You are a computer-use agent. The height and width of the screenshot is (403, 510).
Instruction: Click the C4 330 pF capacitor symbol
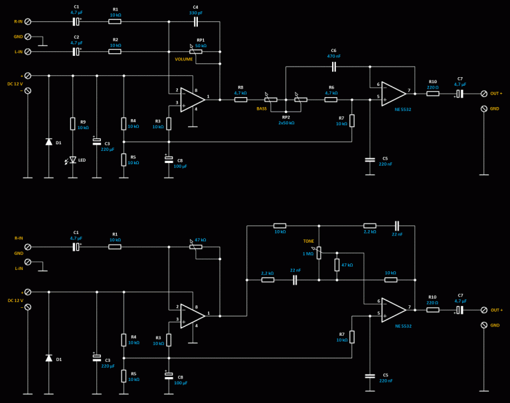point(196,21)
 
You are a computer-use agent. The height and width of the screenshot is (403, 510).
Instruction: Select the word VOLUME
point(184,59)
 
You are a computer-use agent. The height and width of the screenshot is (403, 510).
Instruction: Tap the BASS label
point(262,108)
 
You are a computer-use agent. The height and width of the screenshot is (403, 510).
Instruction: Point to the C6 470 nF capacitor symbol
point(334,67)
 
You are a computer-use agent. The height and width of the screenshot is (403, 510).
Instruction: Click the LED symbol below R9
point(73,160)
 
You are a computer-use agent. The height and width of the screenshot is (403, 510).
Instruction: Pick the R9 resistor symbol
point(73,124)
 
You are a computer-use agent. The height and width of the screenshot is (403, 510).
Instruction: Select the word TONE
point(309,241)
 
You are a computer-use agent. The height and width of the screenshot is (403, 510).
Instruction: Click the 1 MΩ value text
point(308,253)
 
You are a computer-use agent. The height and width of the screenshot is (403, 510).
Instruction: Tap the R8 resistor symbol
point(240,100)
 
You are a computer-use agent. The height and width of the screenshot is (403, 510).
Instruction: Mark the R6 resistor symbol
point(331,100)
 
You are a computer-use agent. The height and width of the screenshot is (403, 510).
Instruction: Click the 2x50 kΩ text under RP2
point(286,123)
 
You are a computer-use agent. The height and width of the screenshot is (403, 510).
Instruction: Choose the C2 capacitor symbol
point(76,51)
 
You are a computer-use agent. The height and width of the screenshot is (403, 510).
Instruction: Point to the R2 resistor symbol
point(115,51)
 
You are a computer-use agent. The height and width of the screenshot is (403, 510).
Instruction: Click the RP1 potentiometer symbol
point(196,51)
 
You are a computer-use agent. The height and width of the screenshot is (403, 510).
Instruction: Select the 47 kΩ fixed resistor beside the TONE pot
point(337,265)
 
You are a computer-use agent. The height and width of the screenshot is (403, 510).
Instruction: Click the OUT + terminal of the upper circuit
point(484,94)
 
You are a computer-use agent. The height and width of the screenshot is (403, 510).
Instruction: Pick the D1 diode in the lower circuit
point(48,358)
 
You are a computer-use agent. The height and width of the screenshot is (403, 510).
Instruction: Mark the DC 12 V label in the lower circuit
point(15,300)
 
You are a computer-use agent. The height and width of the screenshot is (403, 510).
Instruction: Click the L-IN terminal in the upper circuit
point(28,51)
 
